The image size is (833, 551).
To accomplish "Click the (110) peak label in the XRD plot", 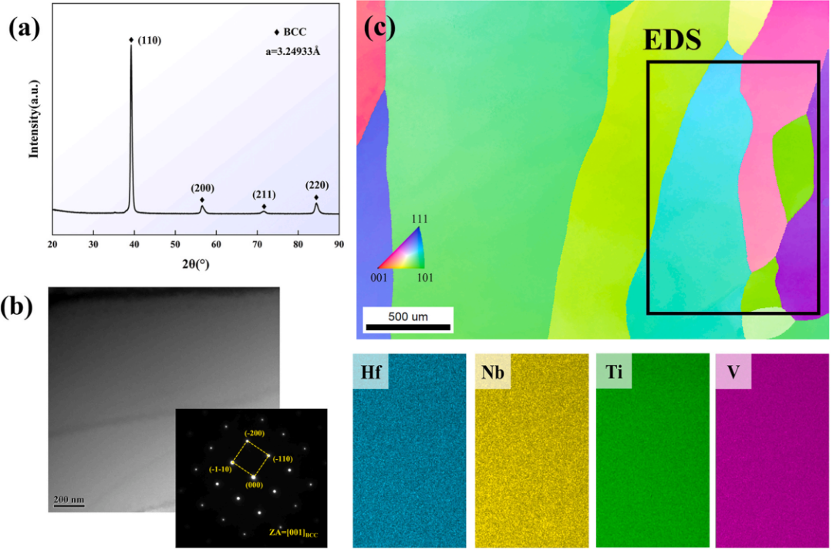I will pos(151,40).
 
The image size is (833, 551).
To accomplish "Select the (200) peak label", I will pos(203,188).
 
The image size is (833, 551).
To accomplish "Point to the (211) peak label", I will pos(264,194).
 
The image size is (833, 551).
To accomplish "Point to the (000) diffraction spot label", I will pos(253,485).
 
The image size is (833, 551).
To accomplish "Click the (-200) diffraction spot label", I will pos(255,433).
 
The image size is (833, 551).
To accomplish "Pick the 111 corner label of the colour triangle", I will pos(419,219).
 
